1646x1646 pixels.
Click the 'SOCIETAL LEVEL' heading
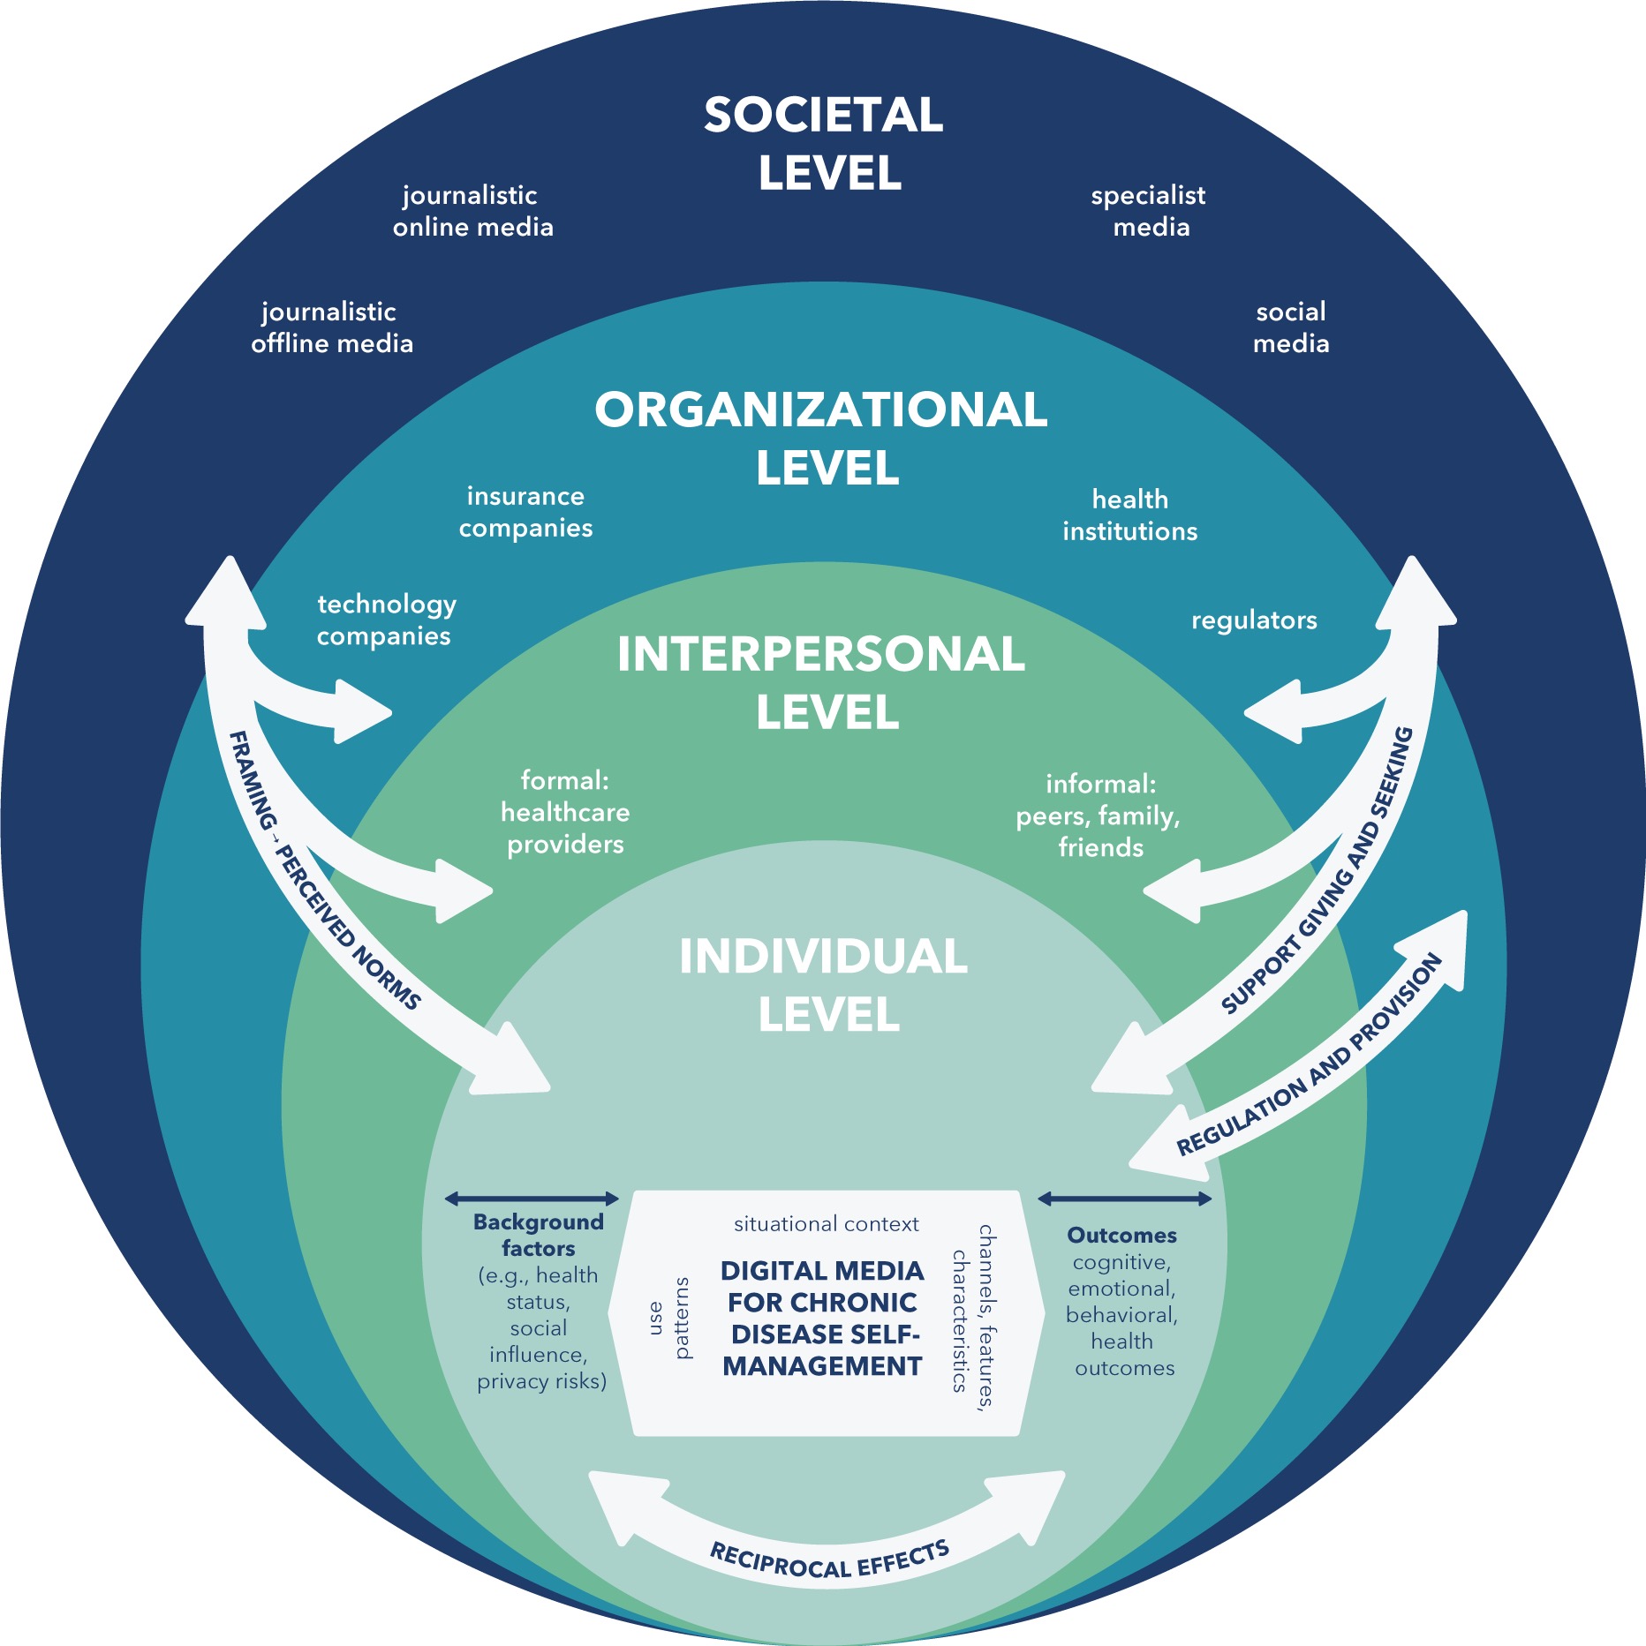pos(824,143)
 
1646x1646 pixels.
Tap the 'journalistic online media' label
pos(472,211)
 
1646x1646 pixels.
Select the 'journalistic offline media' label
pos(331,327)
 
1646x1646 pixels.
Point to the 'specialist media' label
pos(1149,211)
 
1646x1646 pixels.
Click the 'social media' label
pos(1291,327)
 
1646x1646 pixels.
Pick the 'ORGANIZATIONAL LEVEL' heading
pos(821,438)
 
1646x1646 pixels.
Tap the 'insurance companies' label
pos(525,512)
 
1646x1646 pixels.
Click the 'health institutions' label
pos(1130,515)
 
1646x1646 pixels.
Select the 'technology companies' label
pos(386,620)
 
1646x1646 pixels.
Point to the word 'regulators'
pos(1254,620)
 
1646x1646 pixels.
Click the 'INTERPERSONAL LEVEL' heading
pos(821,682)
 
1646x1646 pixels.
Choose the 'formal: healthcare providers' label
pos(565,812)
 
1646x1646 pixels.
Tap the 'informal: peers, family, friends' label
pos(1099,815)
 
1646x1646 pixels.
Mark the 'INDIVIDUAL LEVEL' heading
pos(824,984)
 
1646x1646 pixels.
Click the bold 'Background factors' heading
pos(538,1235)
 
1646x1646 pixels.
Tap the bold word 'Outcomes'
pos(1121,1235)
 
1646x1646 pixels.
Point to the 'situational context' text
pos(826,1224)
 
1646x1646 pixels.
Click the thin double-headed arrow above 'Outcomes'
pos(1124,1198)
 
